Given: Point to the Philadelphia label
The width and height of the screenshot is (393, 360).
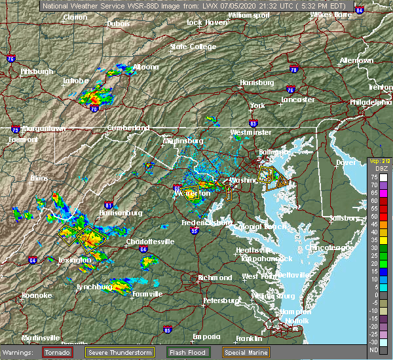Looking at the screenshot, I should [370, 102].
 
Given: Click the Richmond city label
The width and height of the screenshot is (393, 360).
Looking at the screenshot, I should [215, 278].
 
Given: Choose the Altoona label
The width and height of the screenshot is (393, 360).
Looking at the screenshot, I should [145, 67].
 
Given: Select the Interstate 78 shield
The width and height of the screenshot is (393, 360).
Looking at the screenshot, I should [293, 69].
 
